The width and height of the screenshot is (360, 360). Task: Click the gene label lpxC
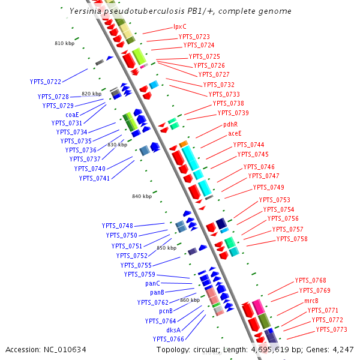coord(180,26)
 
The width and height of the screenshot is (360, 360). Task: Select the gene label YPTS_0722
coord(46,82)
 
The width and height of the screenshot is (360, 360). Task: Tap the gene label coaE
coord(64,114)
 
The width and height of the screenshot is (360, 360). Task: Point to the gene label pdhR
coord(231,125)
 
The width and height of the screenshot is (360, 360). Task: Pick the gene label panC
coord(153,283)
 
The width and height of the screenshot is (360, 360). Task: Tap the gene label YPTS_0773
coord(332,329)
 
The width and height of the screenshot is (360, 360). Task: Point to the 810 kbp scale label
coord(65,44)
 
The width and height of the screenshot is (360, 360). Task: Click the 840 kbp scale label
coord(142,196)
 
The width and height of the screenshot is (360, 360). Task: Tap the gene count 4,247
coord(342,349)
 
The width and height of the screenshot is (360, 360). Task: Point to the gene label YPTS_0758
coord(292,239)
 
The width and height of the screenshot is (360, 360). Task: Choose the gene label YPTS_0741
coord(95,178)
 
